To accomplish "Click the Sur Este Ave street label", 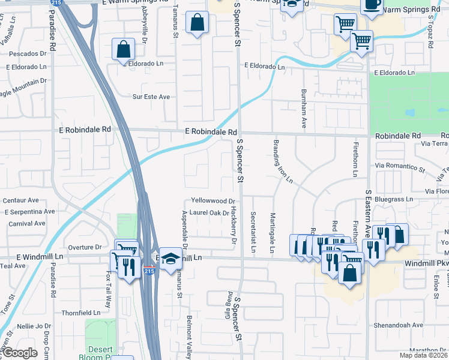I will click(151, 97).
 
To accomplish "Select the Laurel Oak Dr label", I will click(209, 213).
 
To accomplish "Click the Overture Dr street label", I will click(85, 247).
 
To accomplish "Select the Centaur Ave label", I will click(21, 200).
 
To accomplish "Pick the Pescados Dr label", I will click(28, 53).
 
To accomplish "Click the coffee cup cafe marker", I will click(370, 4).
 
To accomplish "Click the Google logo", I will click(20, 353).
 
